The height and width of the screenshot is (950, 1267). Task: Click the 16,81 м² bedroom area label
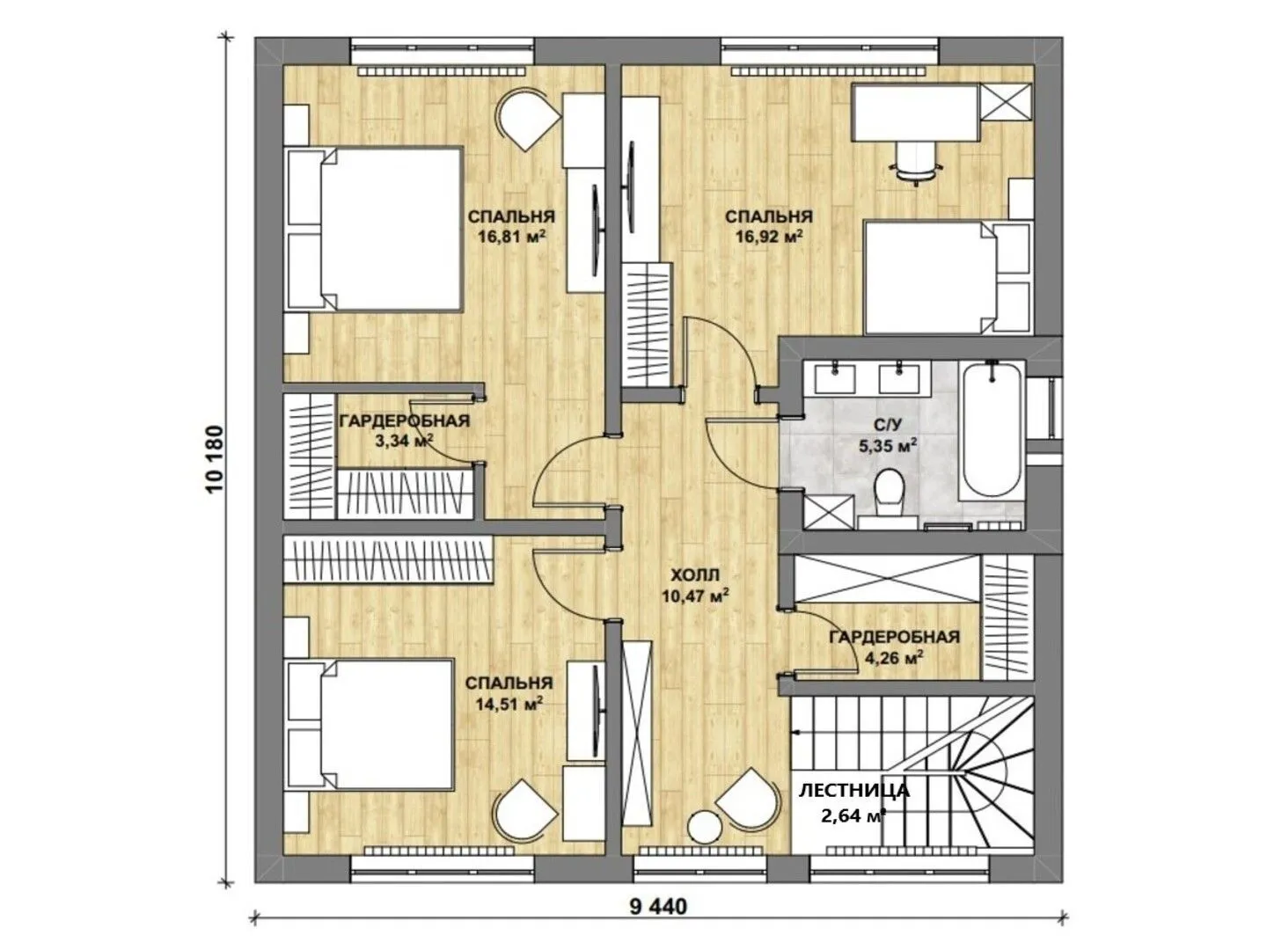pyautogui.click(x=511, y=236)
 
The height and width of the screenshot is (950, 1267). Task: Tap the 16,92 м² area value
pyautogui.click(x=768, y=236)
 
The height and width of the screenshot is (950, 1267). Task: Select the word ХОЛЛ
pyautogui.click(x=695, y=574)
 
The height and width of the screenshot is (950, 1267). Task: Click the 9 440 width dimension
pyautogui.click(x=658, y=907)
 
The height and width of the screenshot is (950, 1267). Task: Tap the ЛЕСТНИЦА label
pyautogui.click(x=853, y=791)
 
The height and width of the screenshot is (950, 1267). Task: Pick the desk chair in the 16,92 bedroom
pyautogui.click(x=915, y=161)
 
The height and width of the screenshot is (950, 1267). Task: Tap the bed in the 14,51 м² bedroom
pyautogui.click(x=370, y=725)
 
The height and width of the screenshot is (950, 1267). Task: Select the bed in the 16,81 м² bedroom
pyautogui.click(x=375, y=230)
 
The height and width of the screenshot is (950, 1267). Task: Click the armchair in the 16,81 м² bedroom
pyautogui.click(x=528, y=120)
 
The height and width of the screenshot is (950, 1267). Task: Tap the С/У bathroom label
pyautogui.click(x=887, y=425)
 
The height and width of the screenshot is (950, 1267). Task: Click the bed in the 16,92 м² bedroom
pyautogui.click(x=947, y=277)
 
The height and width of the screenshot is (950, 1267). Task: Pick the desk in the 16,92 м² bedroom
pyautogui.click(x=916, y=113)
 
